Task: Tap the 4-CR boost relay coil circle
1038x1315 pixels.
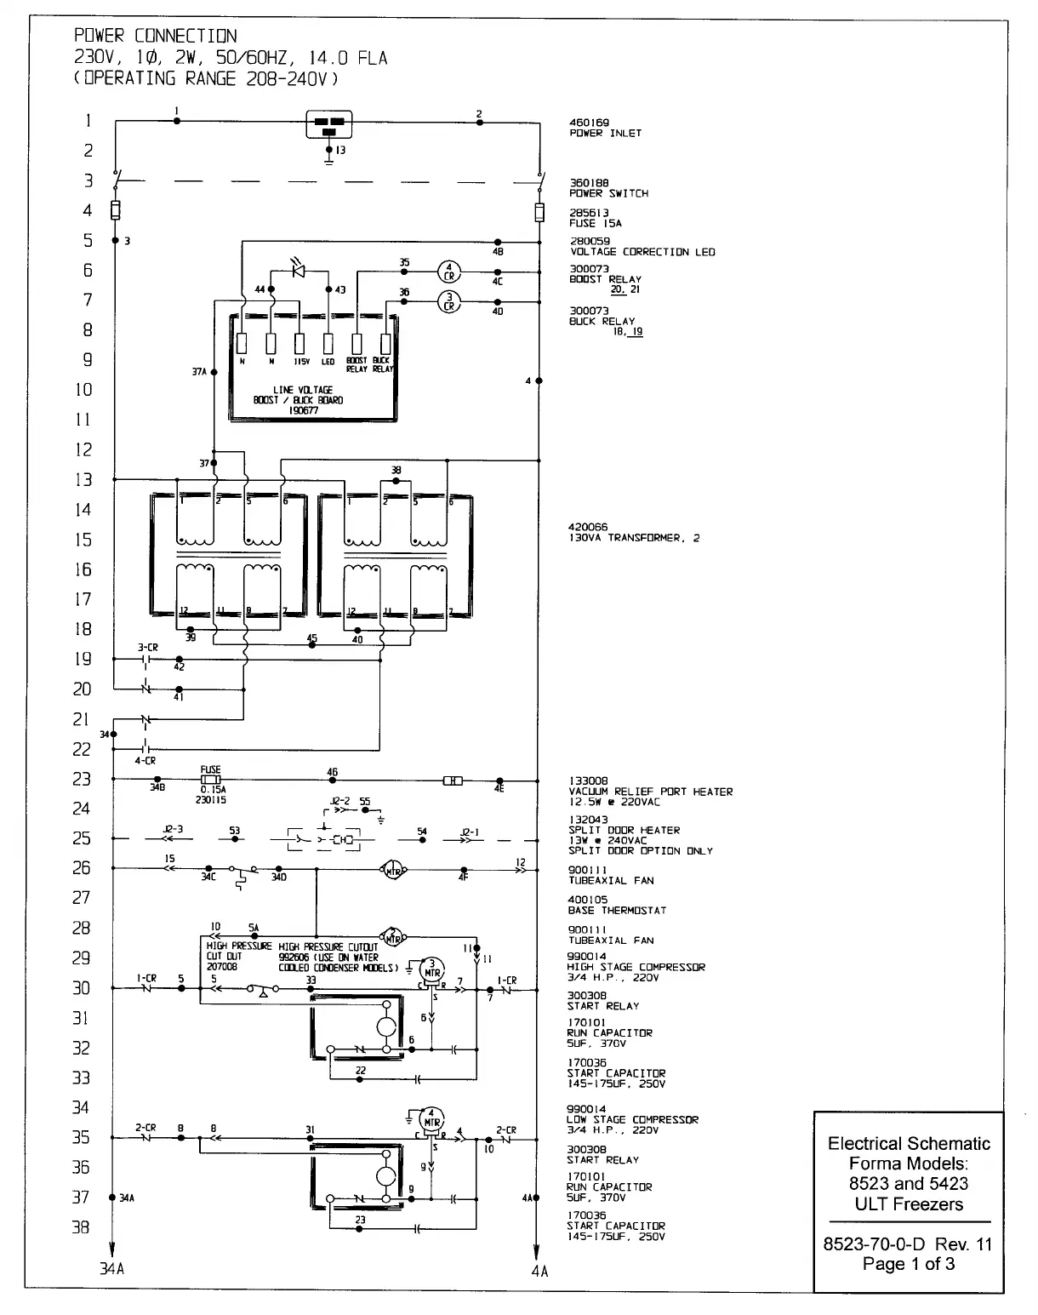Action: [x=448, y=272]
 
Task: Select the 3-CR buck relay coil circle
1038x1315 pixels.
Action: [x=448, y=301]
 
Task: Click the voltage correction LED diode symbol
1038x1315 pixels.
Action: [x=299, y=271]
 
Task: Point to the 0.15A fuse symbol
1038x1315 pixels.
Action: [x=210, y=780]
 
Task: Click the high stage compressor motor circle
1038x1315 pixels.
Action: [x=433, y=971]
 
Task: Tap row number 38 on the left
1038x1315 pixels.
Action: [x=80, y=1227]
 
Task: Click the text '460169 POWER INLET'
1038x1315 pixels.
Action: [x=605, y=129]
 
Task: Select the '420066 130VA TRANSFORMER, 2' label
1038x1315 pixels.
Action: [x=634, y=533]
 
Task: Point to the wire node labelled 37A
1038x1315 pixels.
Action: [x=214, y=372]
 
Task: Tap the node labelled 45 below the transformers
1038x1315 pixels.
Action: [x=311, y=645]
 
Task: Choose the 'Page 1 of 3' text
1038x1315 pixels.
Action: [x=908, y=1264]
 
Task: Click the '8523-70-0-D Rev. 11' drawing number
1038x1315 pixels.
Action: [x=908, y=1244]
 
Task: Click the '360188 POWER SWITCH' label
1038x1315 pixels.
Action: [x=608, y=188]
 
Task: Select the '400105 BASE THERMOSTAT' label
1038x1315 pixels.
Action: [x=617, y=905]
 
